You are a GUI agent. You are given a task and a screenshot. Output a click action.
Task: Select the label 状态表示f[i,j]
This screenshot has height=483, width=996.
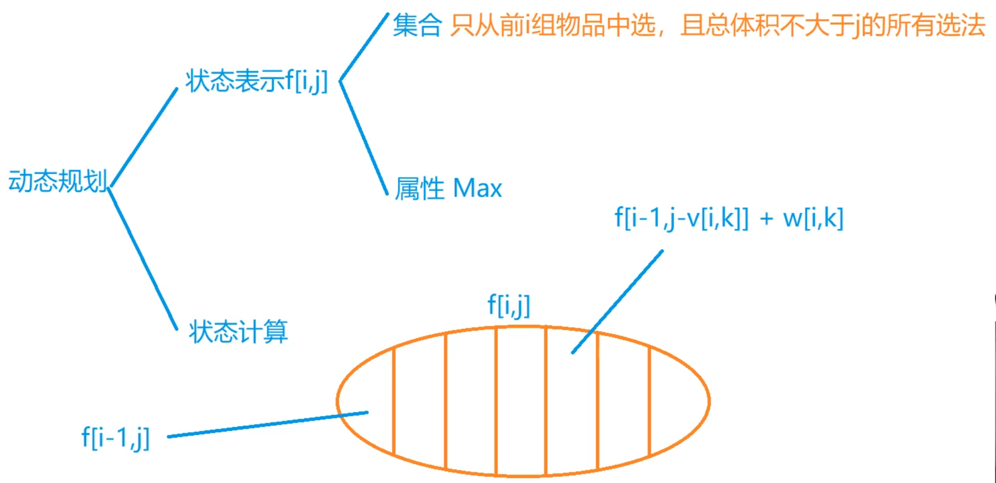(257, 81)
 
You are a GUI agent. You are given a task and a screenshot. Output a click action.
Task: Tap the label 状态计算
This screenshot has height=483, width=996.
(238, 332)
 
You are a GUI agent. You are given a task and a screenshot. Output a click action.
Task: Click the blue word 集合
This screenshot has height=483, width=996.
(417, 25)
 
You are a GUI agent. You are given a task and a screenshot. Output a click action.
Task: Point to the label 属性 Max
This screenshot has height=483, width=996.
(448, 189)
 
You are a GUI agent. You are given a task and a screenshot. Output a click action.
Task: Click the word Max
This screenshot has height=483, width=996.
(477, 189)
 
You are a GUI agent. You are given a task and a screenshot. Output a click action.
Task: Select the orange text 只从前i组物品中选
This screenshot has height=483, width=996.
(553, 25)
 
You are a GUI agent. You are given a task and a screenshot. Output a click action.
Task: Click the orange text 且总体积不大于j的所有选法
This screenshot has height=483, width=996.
(832, 25)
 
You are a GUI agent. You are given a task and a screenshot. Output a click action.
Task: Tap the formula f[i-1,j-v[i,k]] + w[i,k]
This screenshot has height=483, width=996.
(729, 219)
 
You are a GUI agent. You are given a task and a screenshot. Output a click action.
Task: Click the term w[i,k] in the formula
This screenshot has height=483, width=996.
(813, 219)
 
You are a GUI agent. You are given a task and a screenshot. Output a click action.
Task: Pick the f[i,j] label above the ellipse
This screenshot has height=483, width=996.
(509, 305)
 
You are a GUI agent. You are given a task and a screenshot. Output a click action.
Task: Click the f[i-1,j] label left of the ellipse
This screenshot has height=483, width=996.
(115, 438)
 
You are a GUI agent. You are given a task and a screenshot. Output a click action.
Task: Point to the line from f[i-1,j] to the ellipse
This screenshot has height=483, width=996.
(267, 424)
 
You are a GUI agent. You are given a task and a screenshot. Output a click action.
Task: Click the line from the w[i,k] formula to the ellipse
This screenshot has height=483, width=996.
(618, 301)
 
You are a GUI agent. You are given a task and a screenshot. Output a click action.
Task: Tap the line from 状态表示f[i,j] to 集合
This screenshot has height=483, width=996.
(364, 46)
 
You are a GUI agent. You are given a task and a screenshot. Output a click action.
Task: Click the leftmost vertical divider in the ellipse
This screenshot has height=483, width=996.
(394, 401)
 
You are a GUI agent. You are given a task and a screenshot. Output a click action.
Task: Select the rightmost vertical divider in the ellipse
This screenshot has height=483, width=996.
(650, 401)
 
